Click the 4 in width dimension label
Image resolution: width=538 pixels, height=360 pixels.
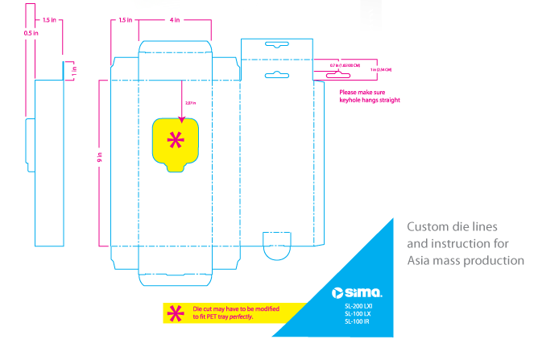pos(175,19)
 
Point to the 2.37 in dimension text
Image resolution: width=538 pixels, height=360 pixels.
pos(190,102)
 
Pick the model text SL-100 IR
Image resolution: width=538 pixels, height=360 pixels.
pos(356,321)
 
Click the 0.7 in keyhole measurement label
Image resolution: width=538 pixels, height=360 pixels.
pos(345,64)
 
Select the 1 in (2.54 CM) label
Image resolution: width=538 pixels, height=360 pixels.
pos(383,71)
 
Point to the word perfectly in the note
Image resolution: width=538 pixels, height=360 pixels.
pos(239,317)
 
